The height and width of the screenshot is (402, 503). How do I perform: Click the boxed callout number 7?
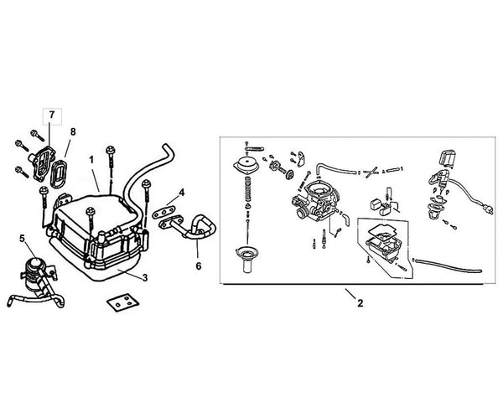pyautogui.click(x=52, y=115)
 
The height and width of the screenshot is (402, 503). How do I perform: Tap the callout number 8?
pyautogui.click(x=73, y=131)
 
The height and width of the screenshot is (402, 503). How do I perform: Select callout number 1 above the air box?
pyautogui.click(x=91, y=160)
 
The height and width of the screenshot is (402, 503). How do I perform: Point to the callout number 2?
pyautogui.click(x=360, y=303)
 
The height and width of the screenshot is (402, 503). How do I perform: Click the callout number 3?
pyautogui.click(x=145, y=278)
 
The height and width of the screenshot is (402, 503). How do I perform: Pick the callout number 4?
pyautogui.click(x=182, y=193)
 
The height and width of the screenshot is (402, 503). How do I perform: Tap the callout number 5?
pyautogui.click(x=22, y=238)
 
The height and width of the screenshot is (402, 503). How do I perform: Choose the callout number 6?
pyautogui.click(x=199, y=265)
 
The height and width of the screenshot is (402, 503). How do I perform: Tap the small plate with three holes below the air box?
pyautogui.click(x=123, y=302)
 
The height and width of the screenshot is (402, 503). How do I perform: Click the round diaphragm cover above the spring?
pyautogui.click(x=246, y=165)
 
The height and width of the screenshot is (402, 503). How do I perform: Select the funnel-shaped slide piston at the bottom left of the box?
pyautogui.click(x=246, y=260)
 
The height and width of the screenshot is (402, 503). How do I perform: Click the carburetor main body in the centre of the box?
pyautogui.click(x=316, y=201)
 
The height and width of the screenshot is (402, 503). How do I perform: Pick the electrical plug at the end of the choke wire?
pyautogui.click(x=487, y=209)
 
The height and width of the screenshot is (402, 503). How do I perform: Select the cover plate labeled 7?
pyautogui.click(x=40, y=164)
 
